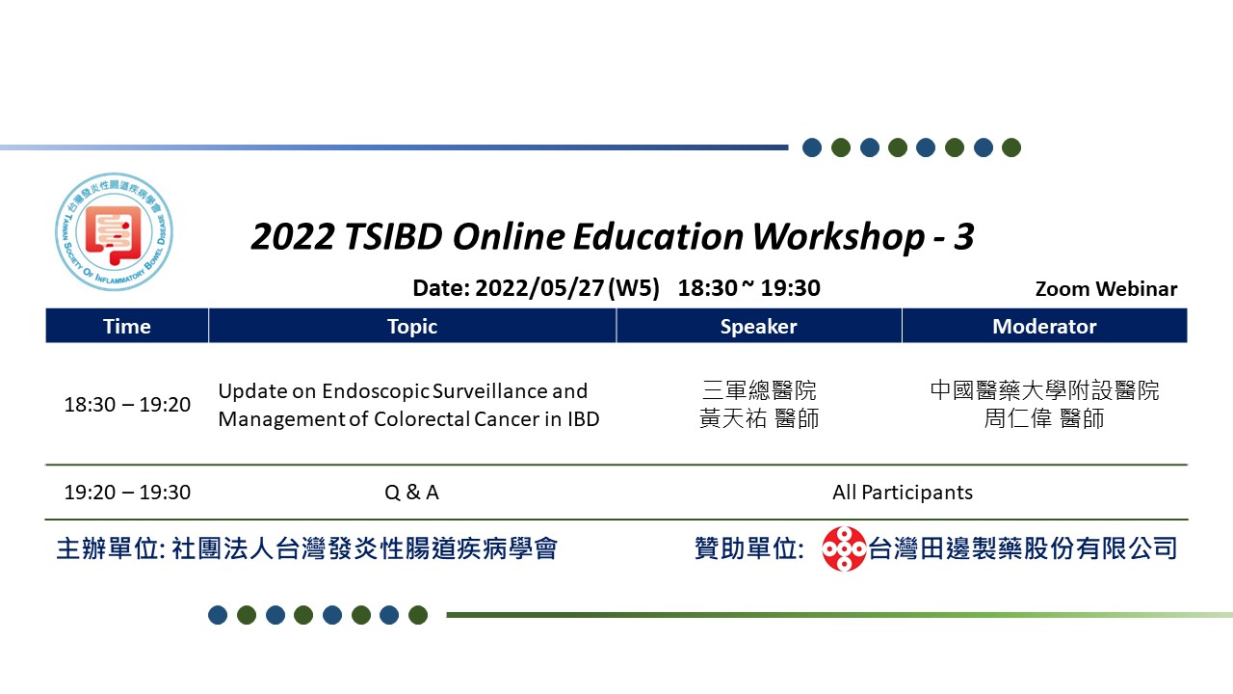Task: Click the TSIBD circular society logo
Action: tap(114, 231)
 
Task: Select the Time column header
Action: tap(127, 326)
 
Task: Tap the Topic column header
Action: tap(412, 326)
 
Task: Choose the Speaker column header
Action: tap(758, 326)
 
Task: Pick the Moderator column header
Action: tap(1044, 326)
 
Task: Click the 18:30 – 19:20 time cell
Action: tap(127, 405)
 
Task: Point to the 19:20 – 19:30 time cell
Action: tap(127, 493)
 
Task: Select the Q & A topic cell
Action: tap(411, 493)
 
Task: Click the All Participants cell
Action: tap(903, 493)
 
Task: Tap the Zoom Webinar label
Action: tap(1106, 288)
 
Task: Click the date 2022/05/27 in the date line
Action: tap(539, 288)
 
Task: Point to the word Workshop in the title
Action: tap(838, 237)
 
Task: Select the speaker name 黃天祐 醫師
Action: tap(759, 418)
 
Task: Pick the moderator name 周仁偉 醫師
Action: tap(1044, 418)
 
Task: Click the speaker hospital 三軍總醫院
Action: tap(759, 390)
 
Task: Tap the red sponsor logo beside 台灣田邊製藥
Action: tap(843, 548)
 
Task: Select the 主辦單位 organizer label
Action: tap(107, 549)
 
